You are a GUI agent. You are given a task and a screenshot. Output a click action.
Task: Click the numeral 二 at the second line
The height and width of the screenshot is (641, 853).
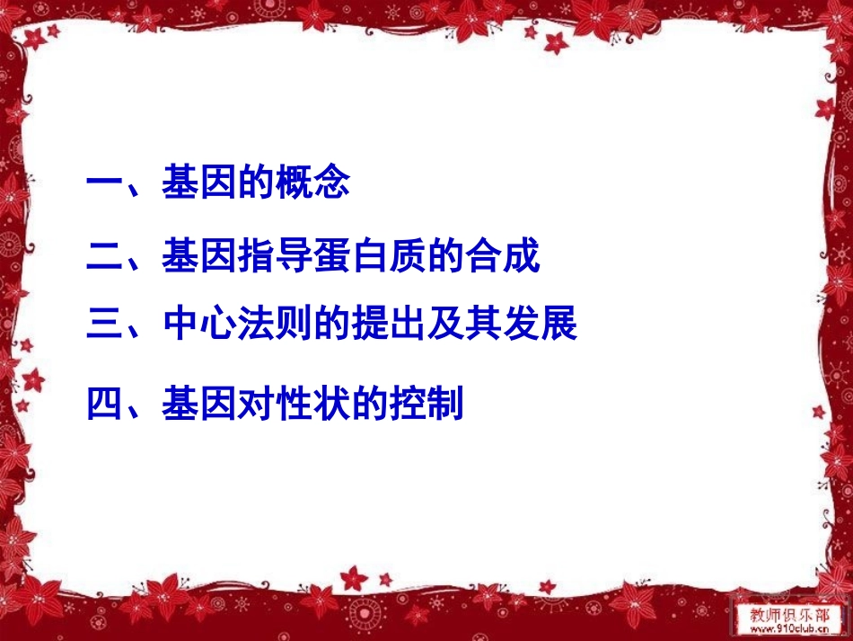click(105, 256)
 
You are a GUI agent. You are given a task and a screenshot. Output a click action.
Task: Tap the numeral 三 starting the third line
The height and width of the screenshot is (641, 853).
click(105, 325)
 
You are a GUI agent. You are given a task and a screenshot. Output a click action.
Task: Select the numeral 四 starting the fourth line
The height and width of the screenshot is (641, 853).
click(105, 404)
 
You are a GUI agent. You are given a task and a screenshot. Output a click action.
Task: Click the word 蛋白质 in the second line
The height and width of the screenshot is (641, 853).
click(369, 256)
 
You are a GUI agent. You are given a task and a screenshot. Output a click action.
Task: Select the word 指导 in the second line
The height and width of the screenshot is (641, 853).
click(274, 256)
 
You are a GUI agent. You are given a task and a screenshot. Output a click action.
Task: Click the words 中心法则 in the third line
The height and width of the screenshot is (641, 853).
click(236, 325)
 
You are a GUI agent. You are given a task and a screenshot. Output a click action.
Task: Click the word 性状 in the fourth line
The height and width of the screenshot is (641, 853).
click(312, 404)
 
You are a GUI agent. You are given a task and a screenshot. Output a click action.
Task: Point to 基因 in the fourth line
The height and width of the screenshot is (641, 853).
click(198, 404)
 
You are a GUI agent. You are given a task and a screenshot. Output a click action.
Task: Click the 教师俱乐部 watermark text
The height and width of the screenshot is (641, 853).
click(789, 615)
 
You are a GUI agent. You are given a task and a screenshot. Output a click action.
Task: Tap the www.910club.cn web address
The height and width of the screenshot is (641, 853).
click(789, 630)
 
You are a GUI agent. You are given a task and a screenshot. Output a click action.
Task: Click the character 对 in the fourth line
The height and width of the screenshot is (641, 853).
click(255, 404)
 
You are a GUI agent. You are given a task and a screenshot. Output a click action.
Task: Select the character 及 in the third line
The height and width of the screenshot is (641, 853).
click(444, 325)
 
